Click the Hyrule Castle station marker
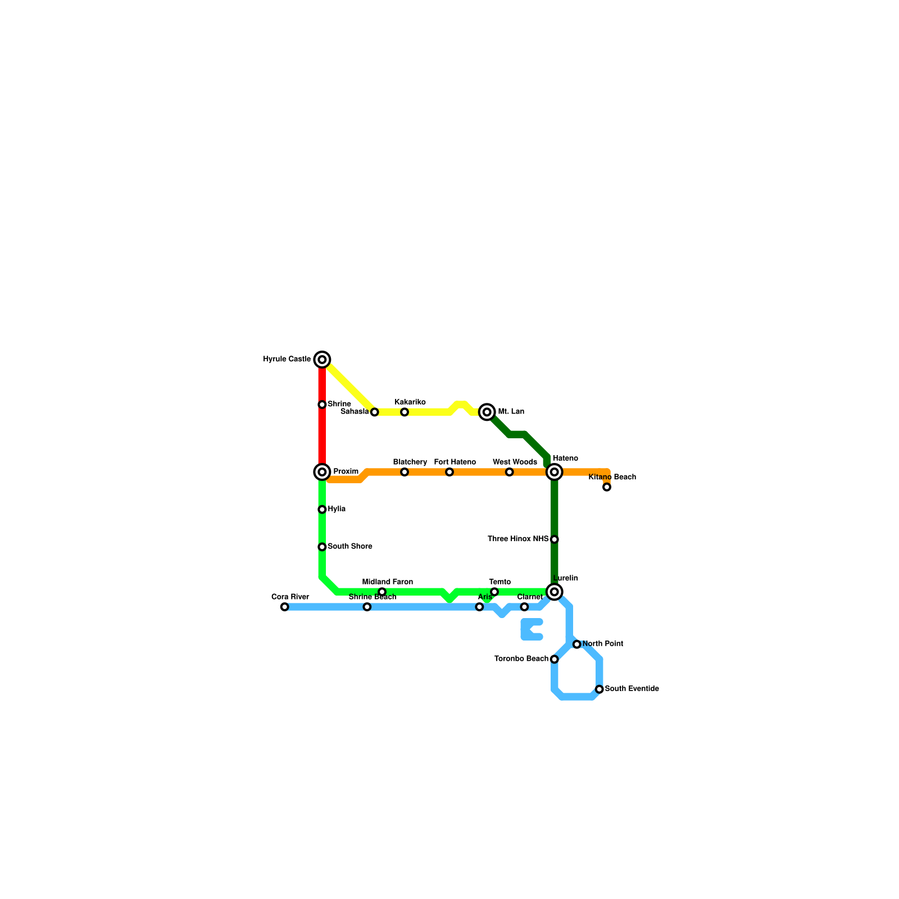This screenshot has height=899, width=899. coord(322,360)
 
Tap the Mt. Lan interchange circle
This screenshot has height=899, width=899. coord(487,412)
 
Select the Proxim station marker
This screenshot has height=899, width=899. coord(322,472)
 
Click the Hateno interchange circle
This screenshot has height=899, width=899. coord(555,472)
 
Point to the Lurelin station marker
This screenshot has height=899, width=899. coord(555,592)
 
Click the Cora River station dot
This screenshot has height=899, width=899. coord(285,607)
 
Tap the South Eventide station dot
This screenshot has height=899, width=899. coord(600,689)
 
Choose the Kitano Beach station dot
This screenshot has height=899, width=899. coord(607,487)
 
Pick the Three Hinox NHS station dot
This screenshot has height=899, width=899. coord(555,539)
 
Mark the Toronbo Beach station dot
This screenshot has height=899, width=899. coord(555,659)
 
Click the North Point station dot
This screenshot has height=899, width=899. coord(577,644)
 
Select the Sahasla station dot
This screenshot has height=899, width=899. coord(375,412)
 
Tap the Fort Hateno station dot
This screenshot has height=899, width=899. coord(449,472)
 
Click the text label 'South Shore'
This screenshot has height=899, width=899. coord(349,547)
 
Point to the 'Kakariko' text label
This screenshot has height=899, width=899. coord(410,402)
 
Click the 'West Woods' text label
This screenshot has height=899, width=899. coord(515,462)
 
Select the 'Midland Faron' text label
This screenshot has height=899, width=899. coord(388,582)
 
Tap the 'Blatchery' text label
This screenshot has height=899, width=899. coord(410,462)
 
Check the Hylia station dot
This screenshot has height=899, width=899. coord(322,510)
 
